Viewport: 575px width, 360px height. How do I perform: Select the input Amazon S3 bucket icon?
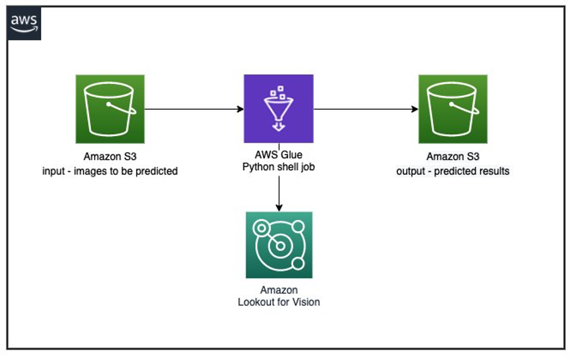click(x=110, y=109)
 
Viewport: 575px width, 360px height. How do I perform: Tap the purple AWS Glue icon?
click(x=279, y=109)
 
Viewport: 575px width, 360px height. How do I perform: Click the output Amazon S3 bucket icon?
click(x=453, y=109)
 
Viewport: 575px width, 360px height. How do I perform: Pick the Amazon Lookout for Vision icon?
click(x=279, y=245)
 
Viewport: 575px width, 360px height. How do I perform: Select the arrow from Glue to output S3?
click(x=366, y=109)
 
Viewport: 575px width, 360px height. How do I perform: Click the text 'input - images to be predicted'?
click(x=110, y=171)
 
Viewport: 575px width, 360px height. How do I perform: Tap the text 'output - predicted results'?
click(x=453, y=171)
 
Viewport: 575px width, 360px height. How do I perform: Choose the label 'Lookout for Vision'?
click(x=279, y=302)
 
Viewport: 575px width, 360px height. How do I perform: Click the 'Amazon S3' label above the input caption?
click(x=110, y=157)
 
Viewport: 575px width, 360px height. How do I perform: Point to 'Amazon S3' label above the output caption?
click(x=453, y=157)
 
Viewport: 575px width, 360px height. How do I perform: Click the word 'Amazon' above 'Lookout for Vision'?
click(x=279, y=289)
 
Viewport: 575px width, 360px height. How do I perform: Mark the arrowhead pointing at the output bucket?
click(x=415, y=109)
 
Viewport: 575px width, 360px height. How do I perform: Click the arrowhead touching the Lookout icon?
click(x=279, y=207)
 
